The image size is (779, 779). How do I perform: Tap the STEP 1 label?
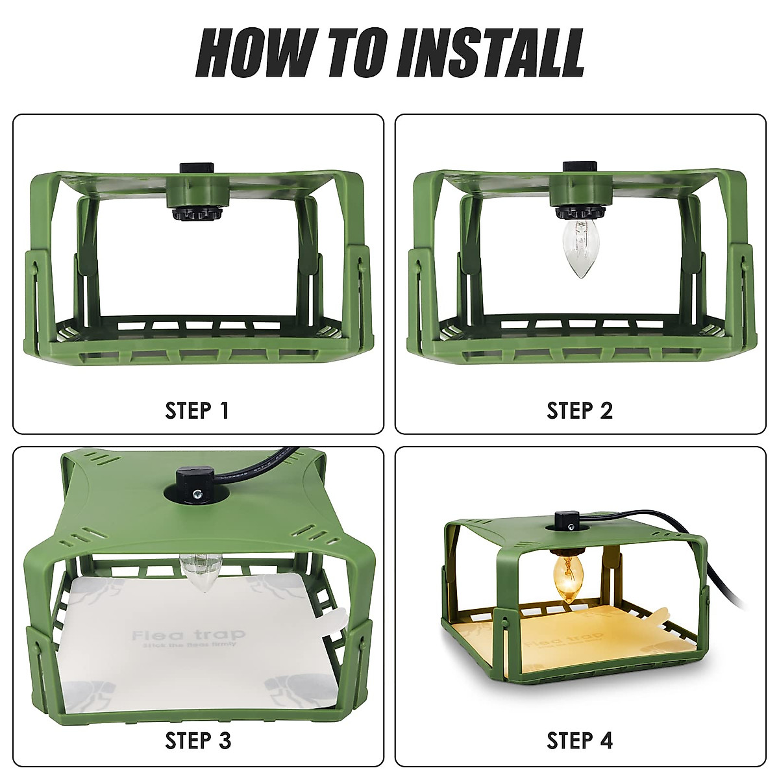click(197, 410)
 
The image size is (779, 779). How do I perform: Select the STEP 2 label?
click(580, 410)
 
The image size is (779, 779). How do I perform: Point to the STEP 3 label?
click(198, 740)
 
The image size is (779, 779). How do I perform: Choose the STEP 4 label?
click(580, 740)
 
